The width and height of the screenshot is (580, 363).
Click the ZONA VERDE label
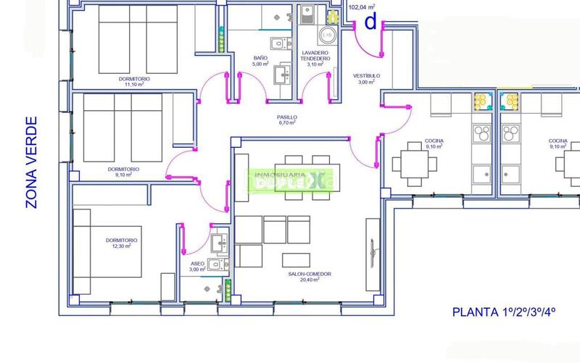[31, 163]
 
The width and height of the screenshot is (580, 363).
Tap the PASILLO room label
[287, 117]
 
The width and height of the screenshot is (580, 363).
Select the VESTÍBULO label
[366, 75]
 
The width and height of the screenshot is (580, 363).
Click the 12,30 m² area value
[122, 246]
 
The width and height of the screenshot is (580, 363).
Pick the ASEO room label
[197, 263]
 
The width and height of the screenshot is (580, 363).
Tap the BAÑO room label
[260, 58]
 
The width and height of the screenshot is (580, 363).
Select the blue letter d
[370, 23]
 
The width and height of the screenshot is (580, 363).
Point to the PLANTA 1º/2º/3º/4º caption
[503, 313]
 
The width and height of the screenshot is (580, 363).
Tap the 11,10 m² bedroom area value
[134, 84]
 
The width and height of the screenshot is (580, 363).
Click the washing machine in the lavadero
[328, 35]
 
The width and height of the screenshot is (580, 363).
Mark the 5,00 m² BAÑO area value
[260, 64]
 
